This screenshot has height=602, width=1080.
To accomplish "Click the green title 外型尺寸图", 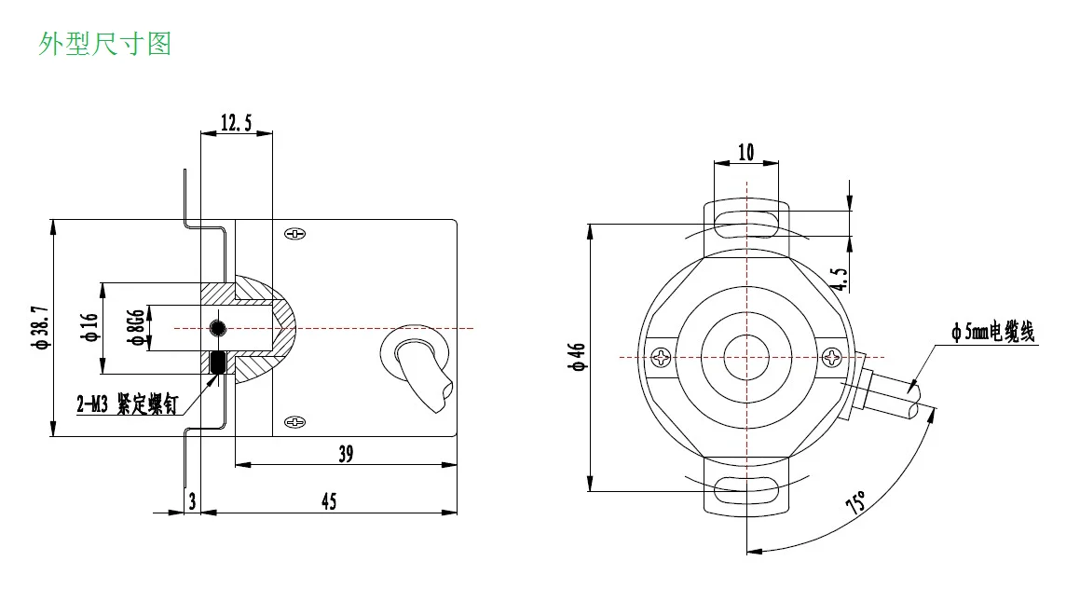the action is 104,44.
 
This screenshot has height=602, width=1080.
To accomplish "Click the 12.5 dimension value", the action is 237,123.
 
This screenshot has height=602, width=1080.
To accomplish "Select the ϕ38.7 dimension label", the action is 41,327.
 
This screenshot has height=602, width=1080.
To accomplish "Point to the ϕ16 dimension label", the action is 89,326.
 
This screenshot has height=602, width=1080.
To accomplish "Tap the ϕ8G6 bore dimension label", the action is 136,327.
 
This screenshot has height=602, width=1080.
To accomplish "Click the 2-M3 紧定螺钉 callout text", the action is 128,404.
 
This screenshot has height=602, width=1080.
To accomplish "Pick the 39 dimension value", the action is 346,453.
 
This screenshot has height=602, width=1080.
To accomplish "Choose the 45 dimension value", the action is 329,500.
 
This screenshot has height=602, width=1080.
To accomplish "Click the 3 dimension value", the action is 192,501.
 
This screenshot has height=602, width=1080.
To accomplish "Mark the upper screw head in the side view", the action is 294,234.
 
